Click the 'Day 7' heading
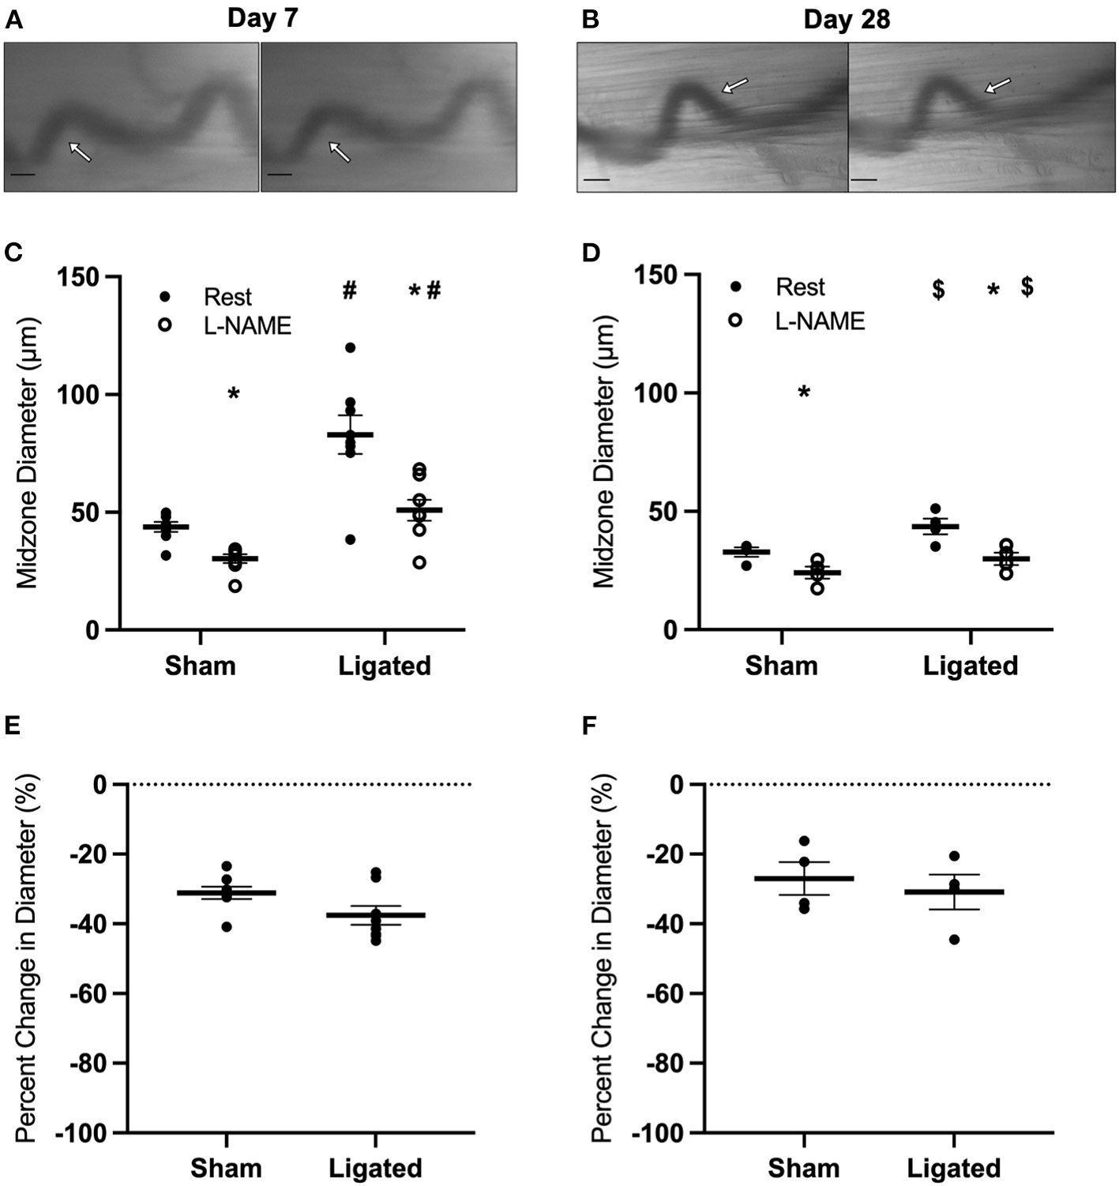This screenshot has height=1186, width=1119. click(x=262, y=18)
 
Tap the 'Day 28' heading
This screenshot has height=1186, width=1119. click(x=847, y=19)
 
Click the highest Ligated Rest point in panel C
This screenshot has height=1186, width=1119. click(x=350, y=347)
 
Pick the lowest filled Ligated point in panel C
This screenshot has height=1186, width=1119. click(x=350, y=539)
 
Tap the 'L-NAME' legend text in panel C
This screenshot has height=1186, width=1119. click(x=247, y=325)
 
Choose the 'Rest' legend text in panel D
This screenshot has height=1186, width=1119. click(x=800, y=287)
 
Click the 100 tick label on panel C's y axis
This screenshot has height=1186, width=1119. click(x=77, y=394)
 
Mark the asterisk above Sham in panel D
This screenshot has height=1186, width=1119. click(x=804, y=392)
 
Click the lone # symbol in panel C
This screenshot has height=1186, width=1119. click(x=350, y=291)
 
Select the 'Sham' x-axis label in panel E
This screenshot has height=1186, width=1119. click(x=226, y=1168)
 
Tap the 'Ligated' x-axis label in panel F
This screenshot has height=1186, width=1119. click(x=953, y=1168)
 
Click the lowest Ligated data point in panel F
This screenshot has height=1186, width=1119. click(x=954, y=939)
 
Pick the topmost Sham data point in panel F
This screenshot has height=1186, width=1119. click(x=804, y=841)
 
